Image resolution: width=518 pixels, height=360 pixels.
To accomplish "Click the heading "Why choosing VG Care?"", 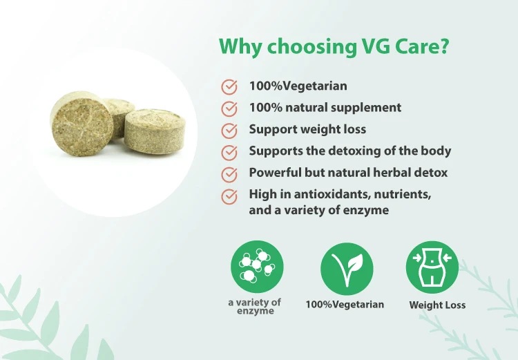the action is (334, 46).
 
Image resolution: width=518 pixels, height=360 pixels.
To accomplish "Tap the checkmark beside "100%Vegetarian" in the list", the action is (229, 87).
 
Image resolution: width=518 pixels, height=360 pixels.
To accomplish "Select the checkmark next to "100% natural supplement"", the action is (229, 108).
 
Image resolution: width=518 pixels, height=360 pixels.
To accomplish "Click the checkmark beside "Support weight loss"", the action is (229, 131).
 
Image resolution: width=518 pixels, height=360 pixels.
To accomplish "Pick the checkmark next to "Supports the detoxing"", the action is (229, 153).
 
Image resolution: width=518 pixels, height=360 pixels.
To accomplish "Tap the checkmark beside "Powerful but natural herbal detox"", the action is (229, 174).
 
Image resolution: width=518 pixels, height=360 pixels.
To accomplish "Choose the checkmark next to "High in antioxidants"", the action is (229, 196).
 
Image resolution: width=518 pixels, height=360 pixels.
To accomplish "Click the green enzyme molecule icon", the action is (257, 267).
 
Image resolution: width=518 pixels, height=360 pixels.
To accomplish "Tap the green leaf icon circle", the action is (347, 269).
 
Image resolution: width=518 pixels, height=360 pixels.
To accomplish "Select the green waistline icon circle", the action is (432, 267).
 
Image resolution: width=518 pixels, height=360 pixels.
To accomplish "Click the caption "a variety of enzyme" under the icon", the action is (255, 306).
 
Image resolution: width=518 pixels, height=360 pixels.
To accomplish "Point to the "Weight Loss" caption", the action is (437, 305).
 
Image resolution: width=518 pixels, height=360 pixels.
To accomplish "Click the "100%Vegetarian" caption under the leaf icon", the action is (345, 305).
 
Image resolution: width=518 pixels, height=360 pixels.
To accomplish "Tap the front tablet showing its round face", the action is (81, 124).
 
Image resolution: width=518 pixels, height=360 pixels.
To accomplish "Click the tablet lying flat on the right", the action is (155, 131).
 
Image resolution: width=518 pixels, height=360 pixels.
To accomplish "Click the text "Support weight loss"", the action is (307, 130).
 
